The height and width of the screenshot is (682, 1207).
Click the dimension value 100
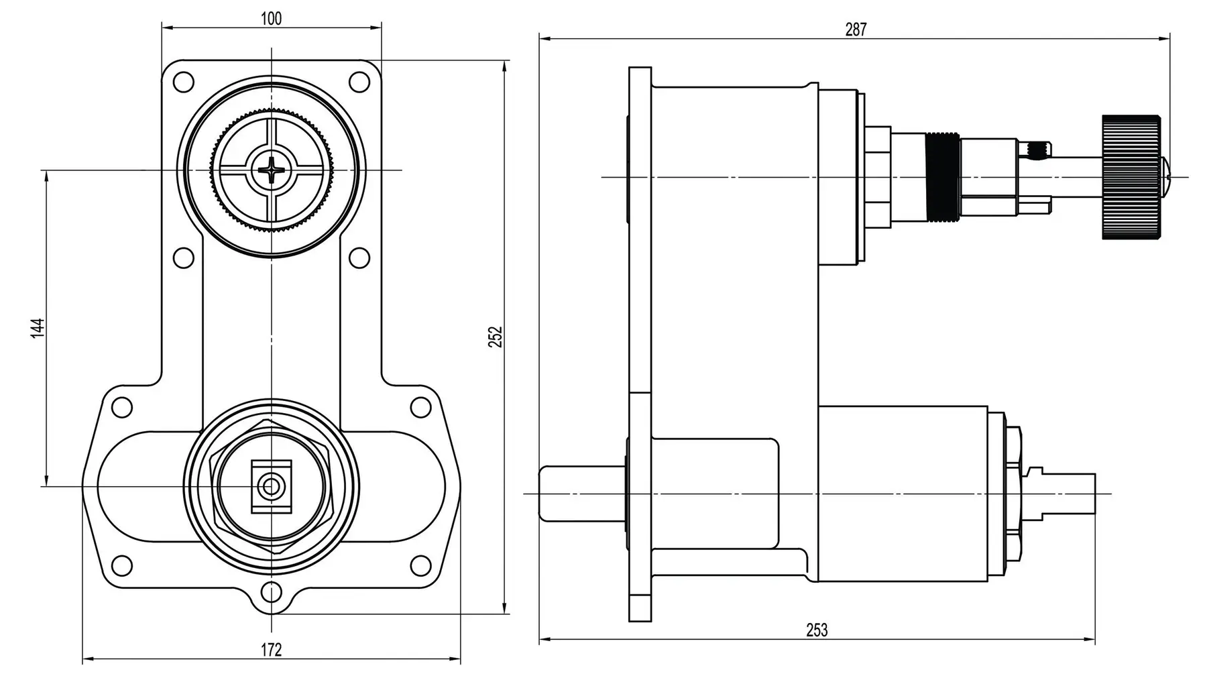coord(271,18)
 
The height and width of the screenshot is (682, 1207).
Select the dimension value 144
coord(38,328)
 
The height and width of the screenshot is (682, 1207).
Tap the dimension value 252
coord(496,336)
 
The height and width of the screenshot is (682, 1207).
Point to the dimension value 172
coord(271,649)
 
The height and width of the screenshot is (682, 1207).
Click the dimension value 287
coord(856,30)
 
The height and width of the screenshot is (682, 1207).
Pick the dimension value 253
coord(817,630)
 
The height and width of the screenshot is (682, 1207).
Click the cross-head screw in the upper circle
coord(272,170)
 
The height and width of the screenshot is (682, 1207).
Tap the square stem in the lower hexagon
coord(271,486)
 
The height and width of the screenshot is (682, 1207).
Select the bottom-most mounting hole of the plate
coord(271,592)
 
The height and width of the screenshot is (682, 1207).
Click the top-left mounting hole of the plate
coord(183,82)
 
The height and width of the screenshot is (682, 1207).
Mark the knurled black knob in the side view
coord(1131,177)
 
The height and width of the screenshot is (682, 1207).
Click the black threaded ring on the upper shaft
coord(941,177)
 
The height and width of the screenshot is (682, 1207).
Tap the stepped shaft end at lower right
coord(1066,494)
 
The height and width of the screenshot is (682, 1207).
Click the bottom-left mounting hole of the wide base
coord(121,565)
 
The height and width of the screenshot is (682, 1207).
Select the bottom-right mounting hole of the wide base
coord(420,565)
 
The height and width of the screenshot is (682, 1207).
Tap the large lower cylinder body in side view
coord(902,494)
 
